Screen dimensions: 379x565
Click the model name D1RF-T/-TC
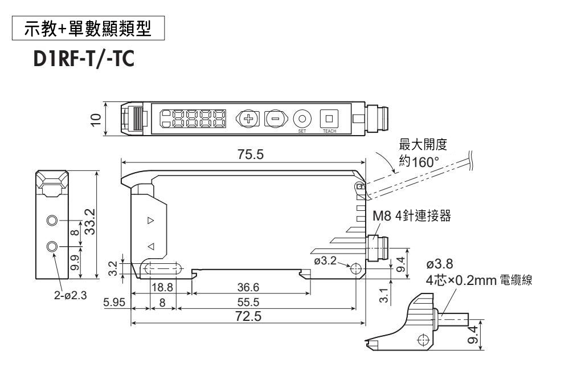[72, 60]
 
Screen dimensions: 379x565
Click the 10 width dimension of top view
[96, 119]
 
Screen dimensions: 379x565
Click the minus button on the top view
[275, 119]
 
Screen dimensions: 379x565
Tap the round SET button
[302, 118]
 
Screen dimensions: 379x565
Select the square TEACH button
[329, 118]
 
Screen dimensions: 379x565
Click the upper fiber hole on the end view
[52, 221]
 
